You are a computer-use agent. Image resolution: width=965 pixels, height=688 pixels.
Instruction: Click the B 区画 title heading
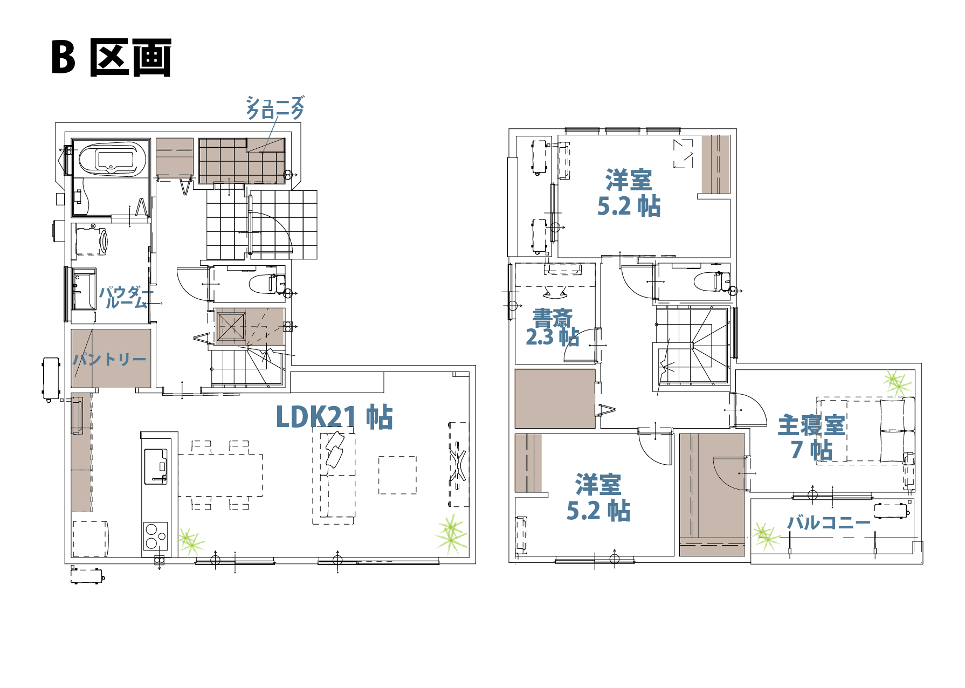tap(112, 57)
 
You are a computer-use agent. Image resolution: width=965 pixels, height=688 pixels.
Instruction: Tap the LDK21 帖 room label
tap(334, 417)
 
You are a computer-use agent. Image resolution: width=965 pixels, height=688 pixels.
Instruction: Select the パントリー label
tap(110, 359)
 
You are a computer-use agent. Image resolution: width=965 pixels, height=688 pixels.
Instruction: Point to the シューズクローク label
tap(275, 107)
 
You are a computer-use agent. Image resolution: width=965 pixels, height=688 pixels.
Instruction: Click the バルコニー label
tap(829, 522)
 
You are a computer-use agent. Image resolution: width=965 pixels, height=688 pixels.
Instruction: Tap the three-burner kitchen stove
tap(155, 536)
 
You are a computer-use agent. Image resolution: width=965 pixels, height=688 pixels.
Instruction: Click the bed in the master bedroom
tap(865, 430)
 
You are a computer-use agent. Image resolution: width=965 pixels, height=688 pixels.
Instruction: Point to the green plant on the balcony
tap(766, 536)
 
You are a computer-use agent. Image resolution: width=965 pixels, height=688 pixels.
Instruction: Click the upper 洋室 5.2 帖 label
tap(629, 192)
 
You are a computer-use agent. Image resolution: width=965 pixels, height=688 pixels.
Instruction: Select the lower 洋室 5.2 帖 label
tap(598, 497)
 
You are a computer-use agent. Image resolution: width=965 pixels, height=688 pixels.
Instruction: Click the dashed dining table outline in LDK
tap(220, 475)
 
